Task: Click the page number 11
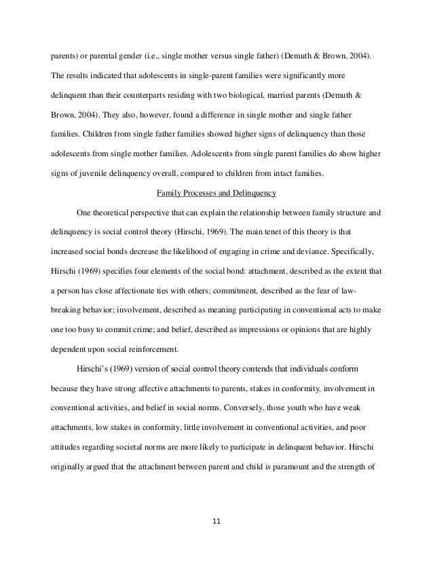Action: coord(216,522)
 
